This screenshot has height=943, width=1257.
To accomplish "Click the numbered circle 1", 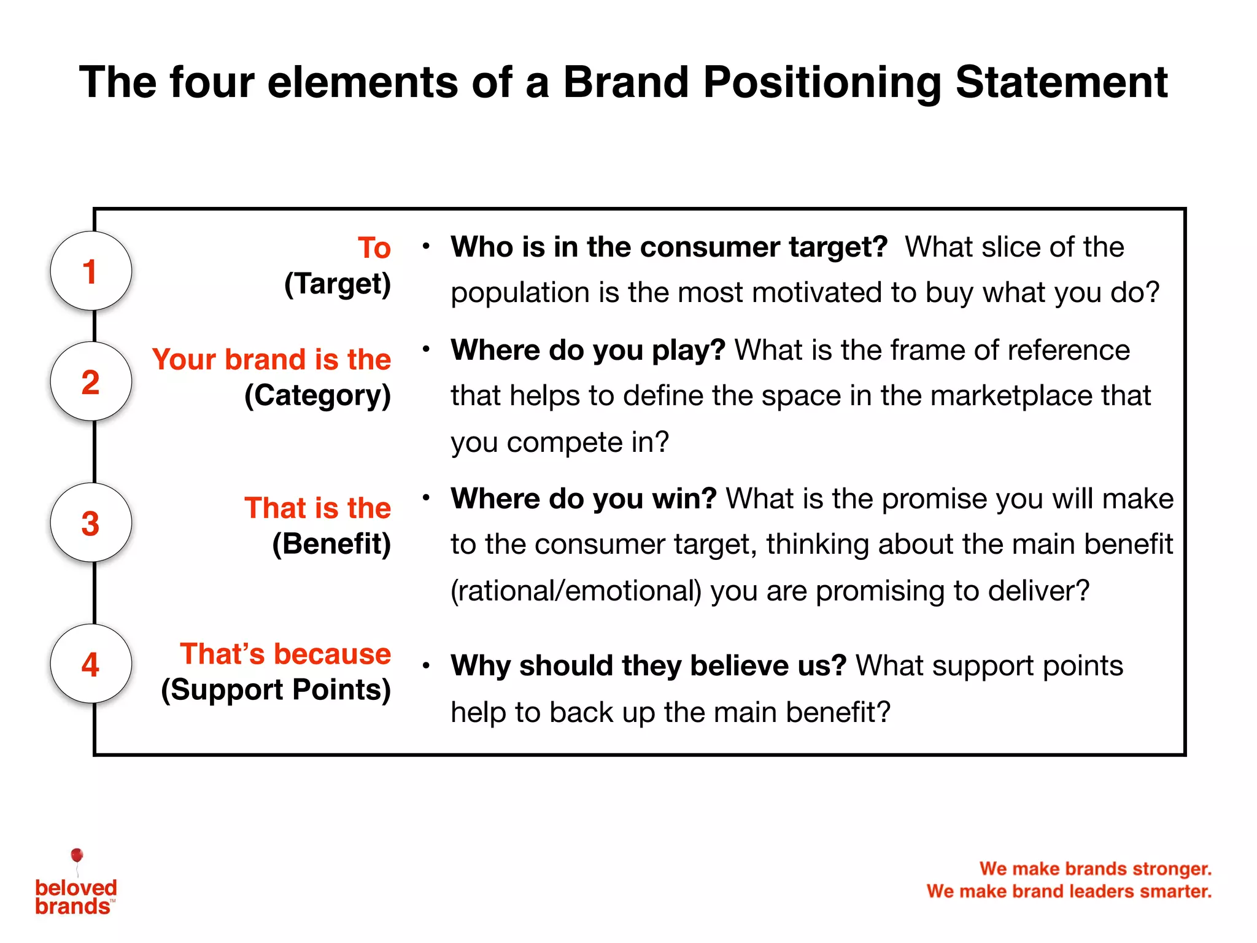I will tap(91, 271).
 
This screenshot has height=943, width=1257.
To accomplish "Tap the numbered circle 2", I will tap(91, 381).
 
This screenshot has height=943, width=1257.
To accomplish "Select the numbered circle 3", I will tap(91, 522).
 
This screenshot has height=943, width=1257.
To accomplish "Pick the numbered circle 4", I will tap(91, 664).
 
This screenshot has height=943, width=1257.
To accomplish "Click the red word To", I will tap(374, 247).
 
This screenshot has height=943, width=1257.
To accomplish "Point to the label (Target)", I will tap(338, 284).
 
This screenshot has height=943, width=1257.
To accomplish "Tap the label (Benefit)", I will tap(331, 544).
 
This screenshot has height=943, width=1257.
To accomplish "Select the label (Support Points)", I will tap(276, 690).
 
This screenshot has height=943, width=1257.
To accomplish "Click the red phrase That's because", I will tap(285, 654).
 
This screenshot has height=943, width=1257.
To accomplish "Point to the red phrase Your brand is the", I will tap(271, 359).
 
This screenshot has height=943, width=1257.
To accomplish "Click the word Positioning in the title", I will tap(822, 83).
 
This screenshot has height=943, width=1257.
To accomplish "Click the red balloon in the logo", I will tap(77, 855).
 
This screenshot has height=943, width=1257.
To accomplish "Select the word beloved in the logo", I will tap(76, 887).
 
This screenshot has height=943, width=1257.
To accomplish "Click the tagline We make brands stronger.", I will tap(1096, 869).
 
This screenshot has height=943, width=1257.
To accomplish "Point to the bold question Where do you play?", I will tap(588, 350).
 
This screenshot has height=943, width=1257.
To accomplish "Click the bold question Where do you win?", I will tap(584, 499).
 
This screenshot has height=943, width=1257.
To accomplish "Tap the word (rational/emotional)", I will tap(576, 591).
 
